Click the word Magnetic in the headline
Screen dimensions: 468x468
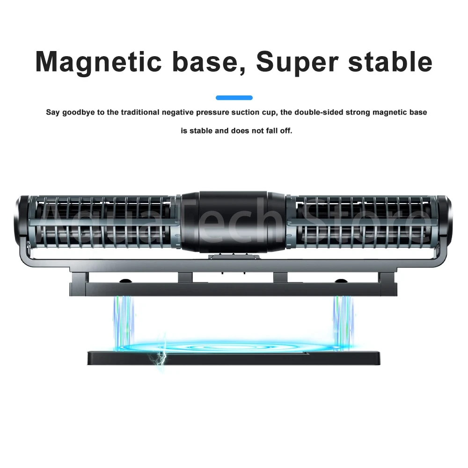pyautogui.click(x=98, y=62)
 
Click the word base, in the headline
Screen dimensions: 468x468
pyautogui.click(x=209, y=62)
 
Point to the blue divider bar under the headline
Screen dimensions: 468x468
pyautogui.click(x=234, y=98)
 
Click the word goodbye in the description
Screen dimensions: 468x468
pyautogui.click(x=79, y=112)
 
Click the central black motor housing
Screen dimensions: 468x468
pyautogui.click(x=234, y=222)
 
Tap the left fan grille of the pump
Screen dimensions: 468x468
pyautogui.click(x=103, y=222)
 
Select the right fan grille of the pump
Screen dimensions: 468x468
pyautogui.click(x=364, y=222)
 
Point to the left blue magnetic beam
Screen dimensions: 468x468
pyautogui.click(x=124, y=322)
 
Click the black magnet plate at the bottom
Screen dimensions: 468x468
pyautogui.click(x=234, y=358)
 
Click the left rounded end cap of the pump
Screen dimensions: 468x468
pyautogui.click(x=21, y=222)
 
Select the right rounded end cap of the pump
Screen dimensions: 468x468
pyautogui.click(x=446, y=222)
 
